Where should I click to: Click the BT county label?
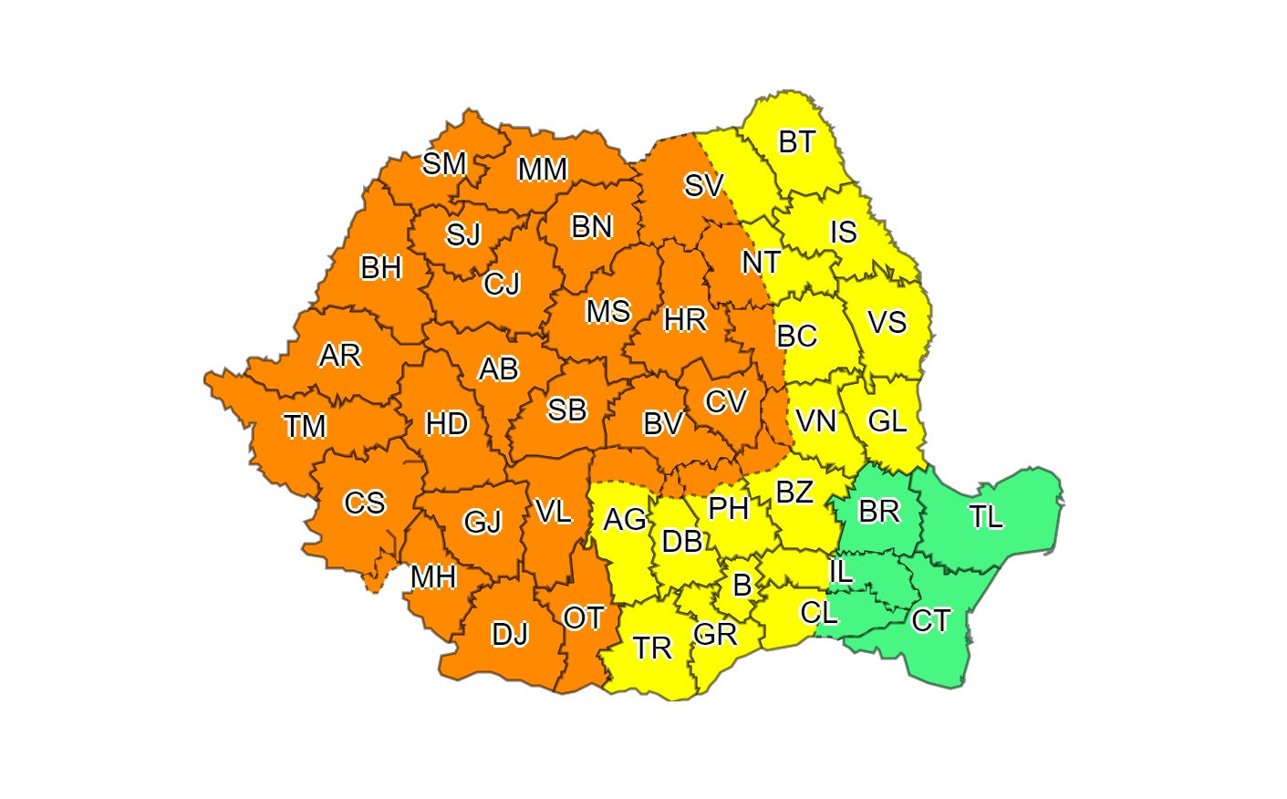click(796, 142)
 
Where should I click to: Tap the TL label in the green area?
click(986, 517)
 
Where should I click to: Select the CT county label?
click(931, 621)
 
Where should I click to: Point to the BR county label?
click(879, 512)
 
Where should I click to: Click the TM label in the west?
click(305, 426)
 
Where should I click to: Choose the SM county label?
click(444, 164)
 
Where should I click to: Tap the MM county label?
click(543, 170)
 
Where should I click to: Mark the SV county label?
click(703, 186)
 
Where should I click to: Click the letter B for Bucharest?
click(742, 585)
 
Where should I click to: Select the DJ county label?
click(510, 634)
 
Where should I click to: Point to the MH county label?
click(433, 577)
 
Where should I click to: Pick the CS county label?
click(364, 503)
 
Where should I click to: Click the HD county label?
click(447, 424)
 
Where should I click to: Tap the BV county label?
click(663, 424)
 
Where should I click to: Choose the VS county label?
click(887, 323)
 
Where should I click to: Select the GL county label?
click(887, 421)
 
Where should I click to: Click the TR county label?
click(652, 649)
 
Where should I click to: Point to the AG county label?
click(625, 520)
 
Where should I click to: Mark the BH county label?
click(381, 268)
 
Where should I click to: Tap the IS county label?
click(843, 233)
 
